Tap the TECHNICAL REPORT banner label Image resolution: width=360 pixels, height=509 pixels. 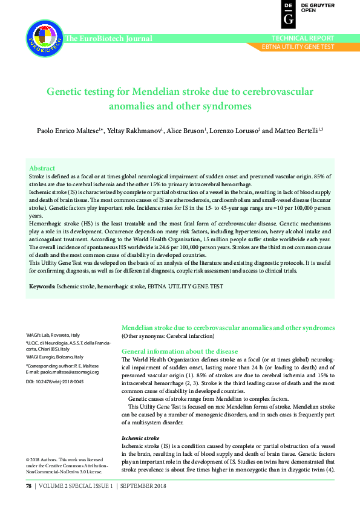pos(307,38)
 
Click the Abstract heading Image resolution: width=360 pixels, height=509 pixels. pos(42,168)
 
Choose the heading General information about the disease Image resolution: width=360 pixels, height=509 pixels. pos(180,351)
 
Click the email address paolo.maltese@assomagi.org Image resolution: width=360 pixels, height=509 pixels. pos(69,372)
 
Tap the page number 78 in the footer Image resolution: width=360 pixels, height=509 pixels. pos(28,486)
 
